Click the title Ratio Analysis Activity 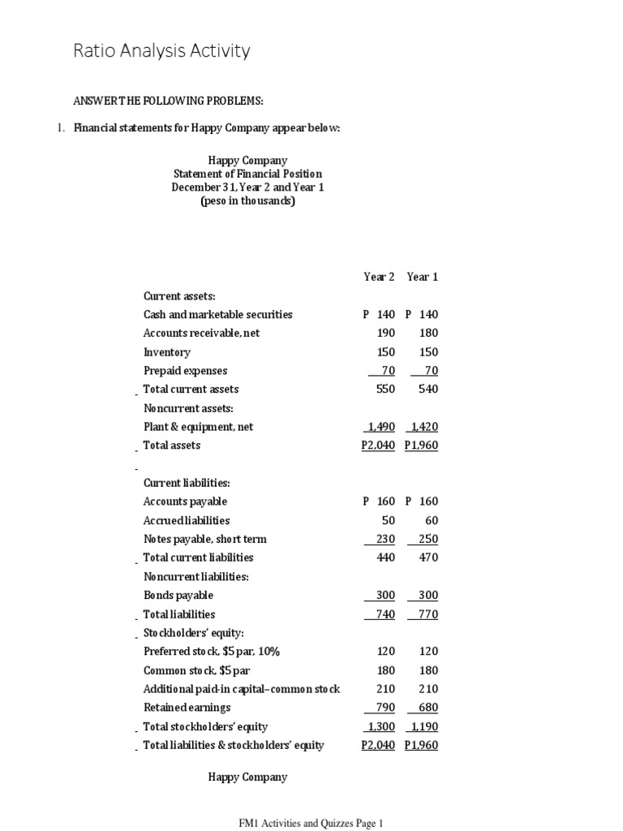161,51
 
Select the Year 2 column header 379,277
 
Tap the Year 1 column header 422,277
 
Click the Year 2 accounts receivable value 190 385,333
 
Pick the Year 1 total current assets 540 428,389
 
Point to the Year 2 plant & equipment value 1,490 380,427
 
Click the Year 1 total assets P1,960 421,446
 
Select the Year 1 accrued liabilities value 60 432,520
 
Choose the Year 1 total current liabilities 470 428,558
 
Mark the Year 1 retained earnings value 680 428,708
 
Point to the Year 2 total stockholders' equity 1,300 380,727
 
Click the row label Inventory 167,352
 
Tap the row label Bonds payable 178,596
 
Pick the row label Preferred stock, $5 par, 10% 212,652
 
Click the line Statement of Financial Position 247,174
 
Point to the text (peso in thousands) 247,201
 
